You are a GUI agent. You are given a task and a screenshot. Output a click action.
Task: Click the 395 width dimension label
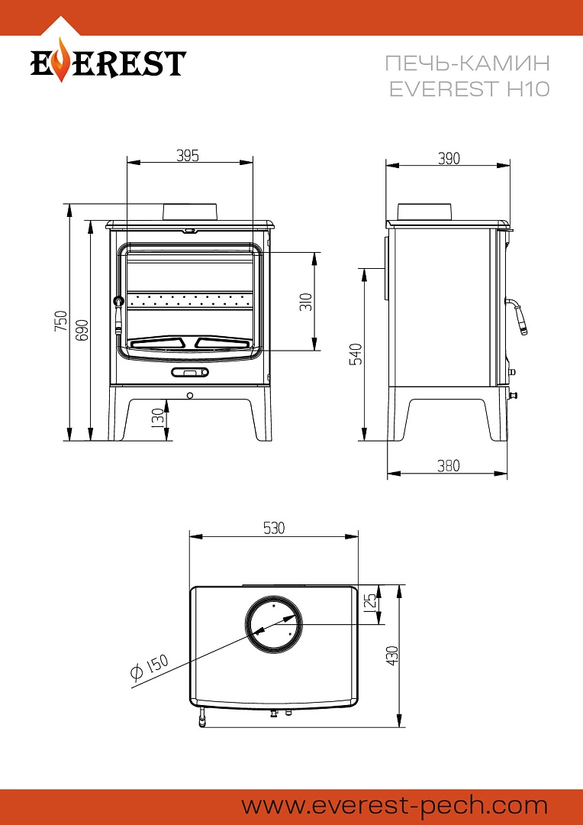pos(188,156)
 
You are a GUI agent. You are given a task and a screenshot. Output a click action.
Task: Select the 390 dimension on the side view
pos(449,158)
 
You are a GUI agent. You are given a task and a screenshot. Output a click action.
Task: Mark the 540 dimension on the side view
pos(356,354)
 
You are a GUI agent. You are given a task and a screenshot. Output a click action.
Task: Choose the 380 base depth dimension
pos(449,466)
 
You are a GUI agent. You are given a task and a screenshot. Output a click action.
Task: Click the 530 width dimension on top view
pos(273,528)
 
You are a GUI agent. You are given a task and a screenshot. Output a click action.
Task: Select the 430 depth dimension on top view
pos(392,655)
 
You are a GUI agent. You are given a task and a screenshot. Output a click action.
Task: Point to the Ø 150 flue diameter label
pos(149,667)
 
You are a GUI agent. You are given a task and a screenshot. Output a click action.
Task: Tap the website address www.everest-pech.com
pos(395,805)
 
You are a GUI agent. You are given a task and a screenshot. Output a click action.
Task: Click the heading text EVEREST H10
pos(469,89)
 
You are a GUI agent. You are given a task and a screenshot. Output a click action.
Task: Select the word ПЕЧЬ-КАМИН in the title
pos(469,63)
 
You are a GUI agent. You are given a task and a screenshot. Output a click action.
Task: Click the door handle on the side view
pos(518,315)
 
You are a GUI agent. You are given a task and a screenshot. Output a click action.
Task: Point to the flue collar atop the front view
pos(192,211)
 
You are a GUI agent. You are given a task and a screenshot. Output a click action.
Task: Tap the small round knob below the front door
pos(189,396)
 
